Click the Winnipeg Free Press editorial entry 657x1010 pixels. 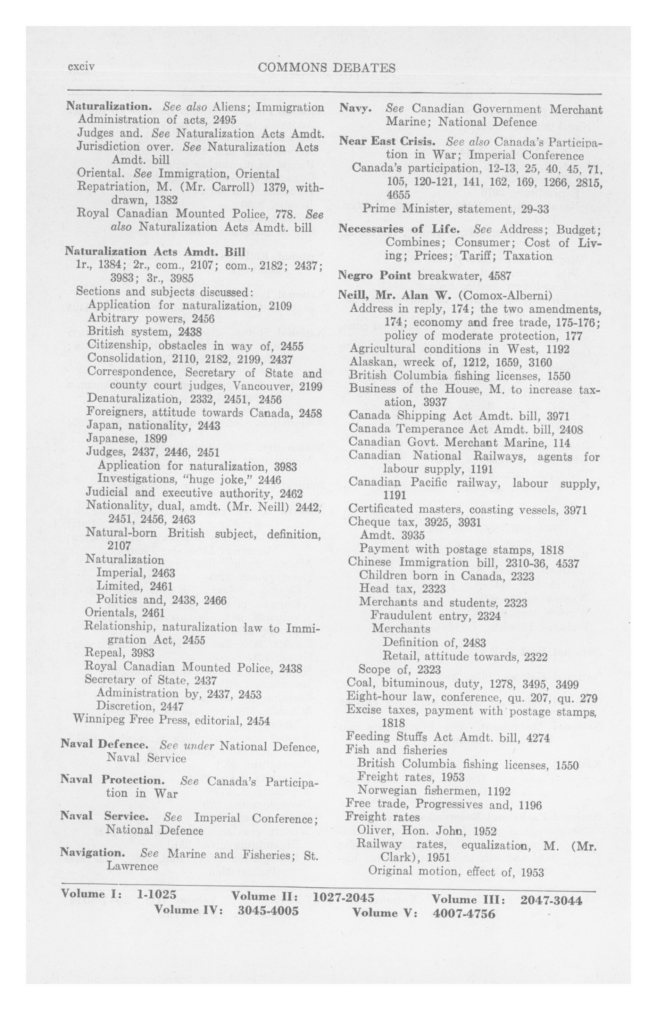172,721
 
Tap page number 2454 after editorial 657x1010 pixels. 258,721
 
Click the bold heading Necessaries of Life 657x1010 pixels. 399,229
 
